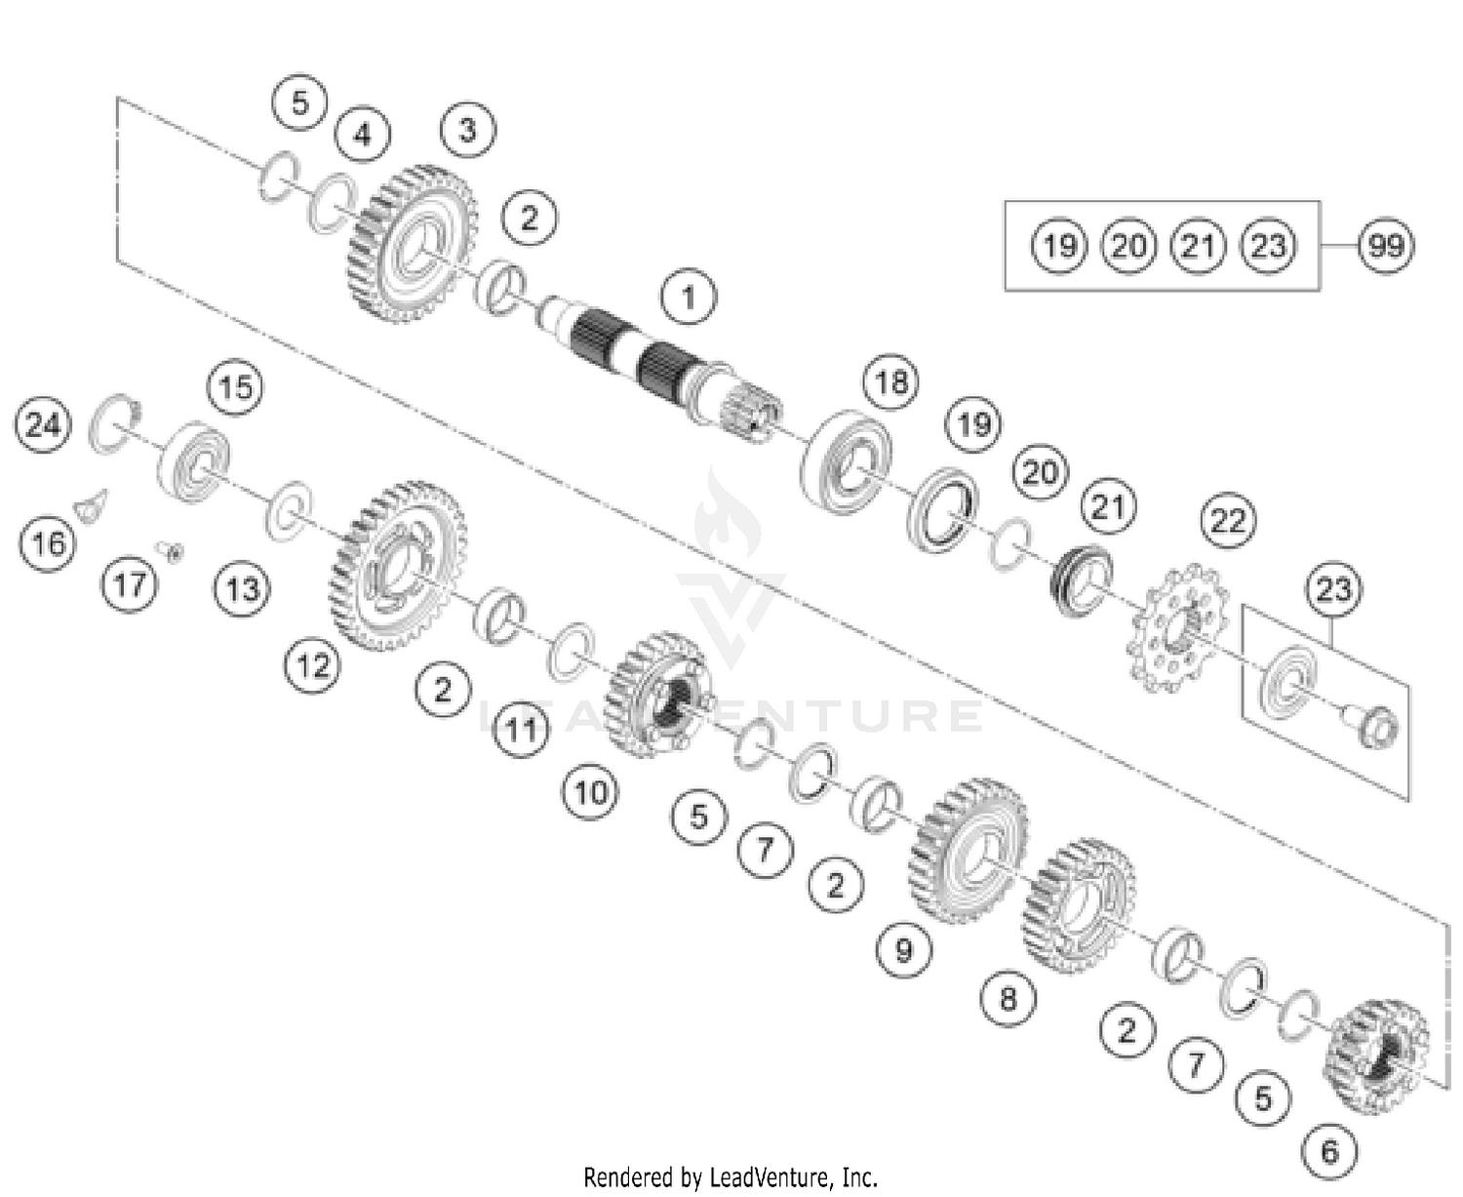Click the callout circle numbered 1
point(689,296)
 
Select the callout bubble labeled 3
point(467,130)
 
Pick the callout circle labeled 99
point(1386,245)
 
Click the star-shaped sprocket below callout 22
point(1175,628)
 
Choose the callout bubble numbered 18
point(891,382)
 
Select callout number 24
point(43,425)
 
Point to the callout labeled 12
point(313,666)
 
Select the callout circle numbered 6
point(1329,1151)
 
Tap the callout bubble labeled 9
point(903,948)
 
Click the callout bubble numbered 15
point(235,387)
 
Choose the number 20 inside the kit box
point(1128,245)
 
